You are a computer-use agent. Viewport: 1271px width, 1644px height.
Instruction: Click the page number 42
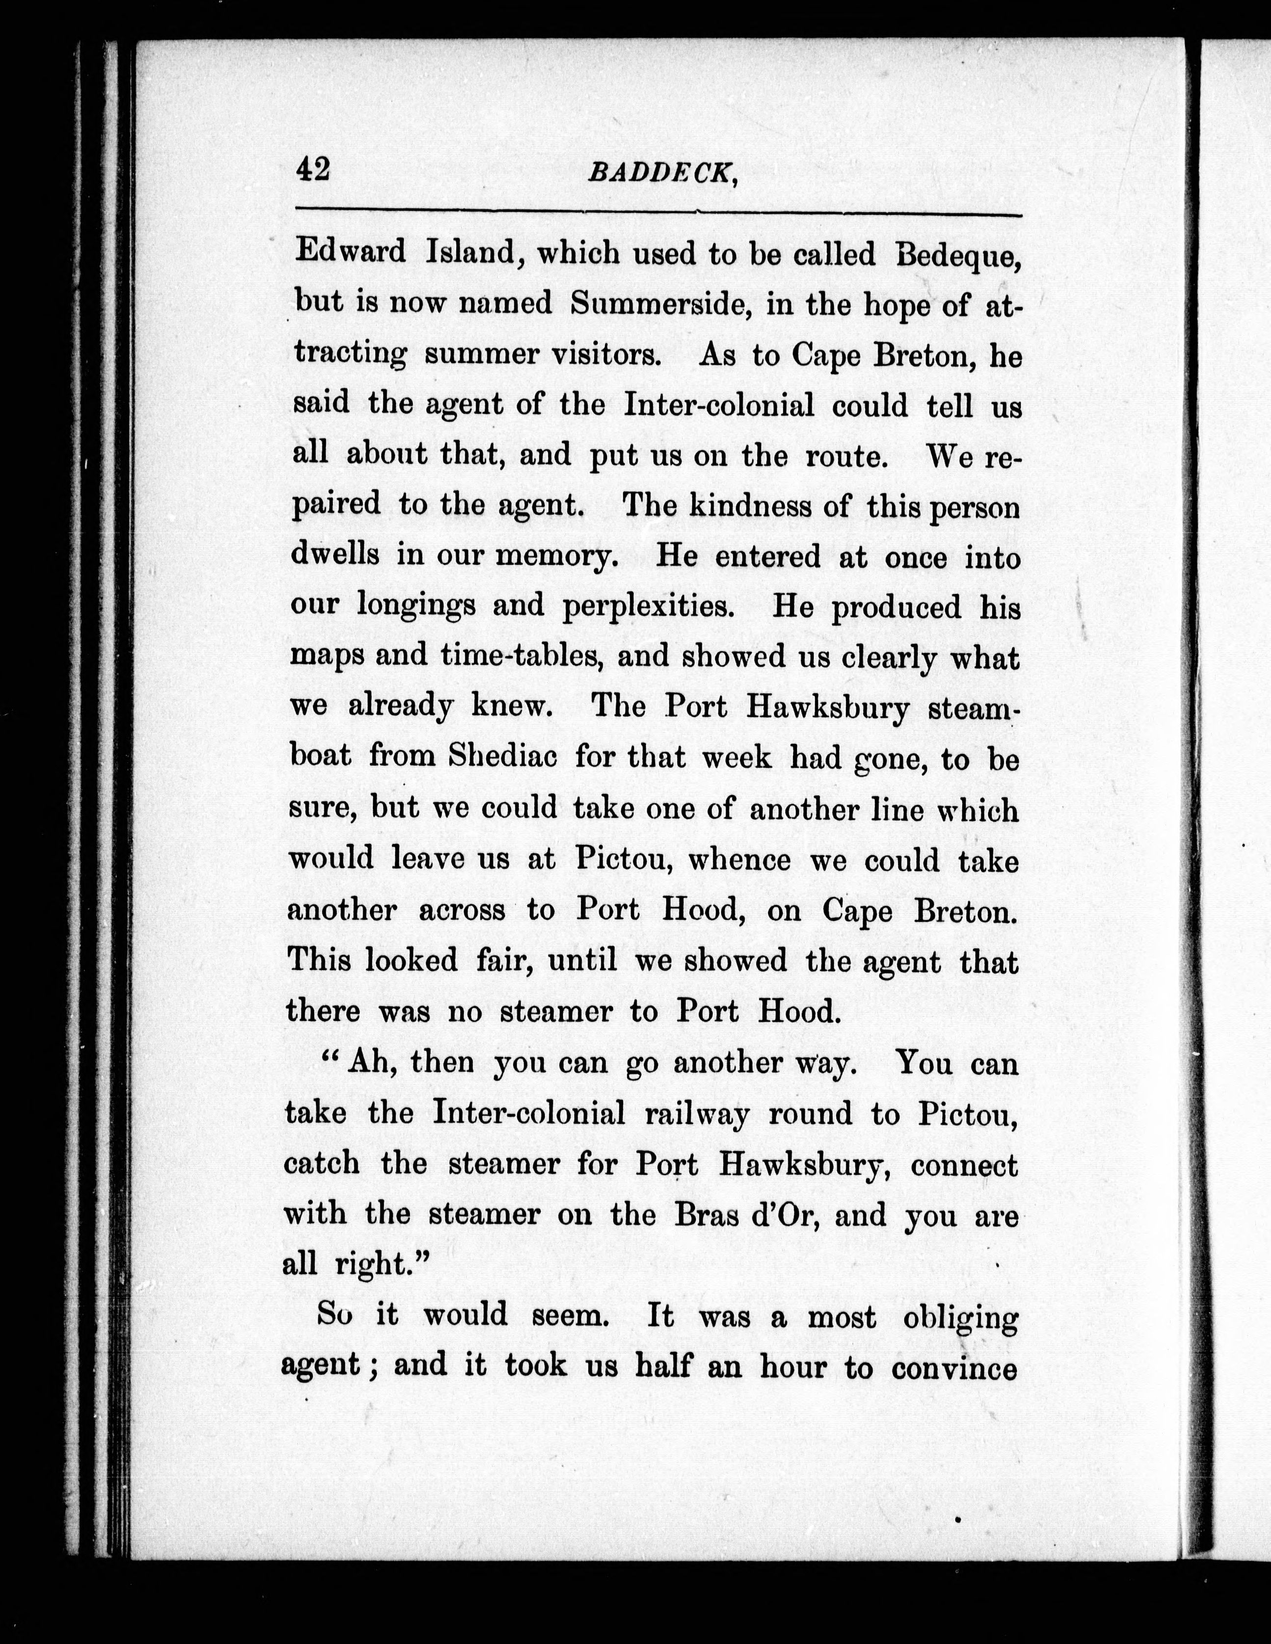(x=313, y=169)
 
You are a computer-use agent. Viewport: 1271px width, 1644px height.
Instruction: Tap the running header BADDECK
(x=661, y=174)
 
